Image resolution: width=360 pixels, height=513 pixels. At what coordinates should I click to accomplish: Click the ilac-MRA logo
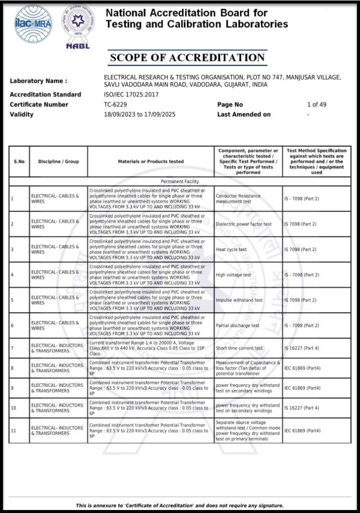coord(33,24)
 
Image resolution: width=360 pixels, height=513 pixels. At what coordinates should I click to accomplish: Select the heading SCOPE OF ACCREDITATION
coord(188,58)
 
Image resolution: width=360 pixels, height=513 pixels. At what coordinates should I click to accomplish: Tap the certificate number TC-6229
coord(115,105)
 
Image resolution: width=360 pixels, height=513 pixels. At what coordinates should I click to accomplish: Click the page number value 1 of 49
coord(316,105)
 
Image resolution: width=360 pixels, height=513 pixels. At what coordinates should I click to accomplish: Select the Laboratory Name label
coord(38,81)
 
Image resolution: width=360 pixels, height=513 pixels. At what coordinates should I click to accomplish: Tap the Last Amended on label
coord(244,115)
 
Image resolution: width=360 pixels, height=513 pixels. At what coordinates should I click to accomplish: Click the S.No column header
coord(19,161)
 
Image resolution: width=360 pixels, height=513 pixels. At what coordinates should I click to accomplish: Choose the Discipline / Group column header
coord(59,161)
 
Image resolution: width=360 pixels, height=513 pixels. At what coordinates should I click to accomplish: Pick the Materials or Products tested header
coord(151,161)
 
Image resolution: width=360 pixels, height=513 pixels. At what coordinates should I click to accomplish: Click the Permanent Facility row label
coord(180,181)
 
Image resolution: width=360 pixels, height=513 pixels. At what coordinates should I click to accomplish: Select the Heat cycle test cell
coord(231,249)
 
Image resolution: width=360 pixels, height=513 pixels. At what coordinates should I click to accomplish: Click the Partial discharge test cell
coord(238,326)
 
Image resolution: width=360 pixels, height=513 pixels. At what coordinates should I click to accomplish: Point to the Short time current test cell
coord(239,348)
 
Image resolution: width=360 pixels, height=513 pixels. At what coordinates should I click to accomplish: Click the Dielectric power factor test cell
coord(244,224)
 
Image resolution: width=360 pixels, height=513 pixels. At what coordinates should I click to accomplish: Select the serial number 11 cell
coord(14,431)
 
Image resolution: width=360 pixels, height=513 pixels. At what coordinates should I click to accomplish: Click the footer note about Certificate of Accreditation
coord(180,505)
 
